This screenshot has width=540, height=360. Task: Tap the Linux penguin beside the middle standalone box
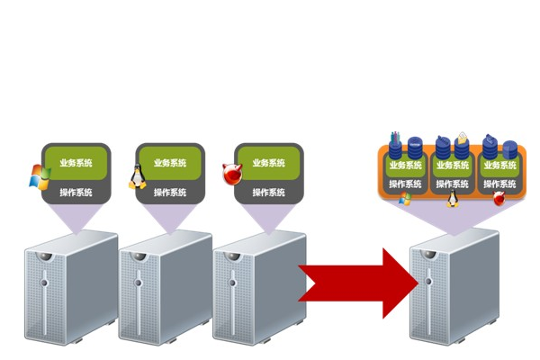click(138, 176)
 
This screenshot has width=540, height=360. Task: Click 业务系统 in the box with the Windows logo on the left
click(76, 163)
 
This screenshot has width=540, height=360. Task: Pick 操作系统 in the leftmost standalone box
click(76, 192)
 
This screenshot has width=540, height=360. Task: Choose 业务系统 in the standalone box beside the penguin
click(170, 163)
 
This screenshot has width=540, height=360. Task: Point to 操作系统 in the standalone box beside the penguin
click(170, 192)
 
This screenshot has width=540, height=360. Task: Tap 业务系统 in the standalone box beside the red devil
click(268, 163)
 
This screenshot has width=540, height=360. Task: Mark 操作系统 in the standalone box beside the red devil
click(268, 192)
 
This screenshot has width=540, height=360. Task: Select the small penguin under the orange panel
click(453, 198)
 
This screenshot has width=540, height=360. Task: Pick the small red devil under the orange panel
click(499, 198)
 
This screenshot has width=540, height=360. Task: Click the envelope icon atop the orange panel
click(462, 138)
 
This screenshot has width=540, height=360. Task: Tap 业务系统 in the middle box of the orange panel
click(453, 166)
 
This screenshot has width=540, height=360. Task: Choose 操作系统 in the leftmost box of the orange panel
click(405, 184)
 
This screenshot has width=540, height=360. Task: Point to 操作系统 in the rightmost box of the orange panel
click(500, 184)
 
